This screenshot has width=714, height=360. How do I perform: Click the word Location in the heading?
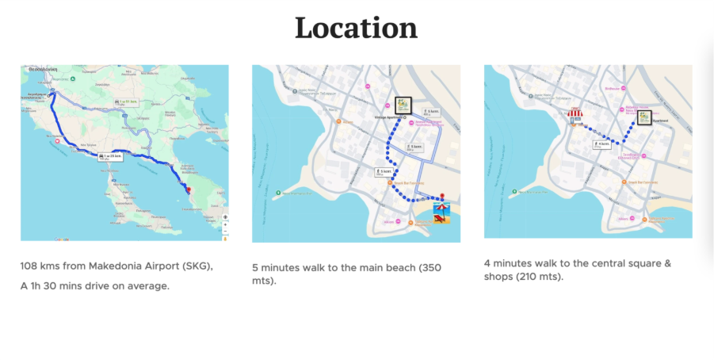[x=356, y=29]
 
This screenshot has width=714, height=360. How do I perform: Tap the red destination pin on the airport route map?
[x=188, y=189]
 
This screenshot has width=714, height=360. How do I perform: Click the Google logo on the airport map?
[x=62, y=238]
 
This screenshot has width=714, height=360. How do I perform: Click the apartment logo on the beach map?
[x=403, y=105]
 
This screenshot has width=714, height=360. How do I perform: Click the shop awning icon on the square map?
[x=575, y=117]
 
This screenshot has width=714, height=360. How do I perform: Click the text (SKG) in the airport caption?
[x=198, y=266]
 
